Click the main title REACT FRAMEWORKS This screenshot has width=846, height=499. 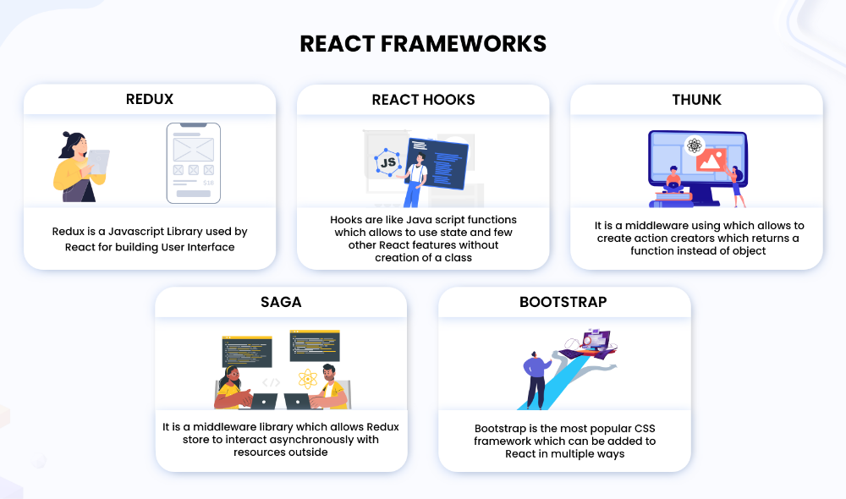click(x=423, y=44)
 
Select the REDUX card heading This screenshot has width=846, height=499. click(x=150, y=99)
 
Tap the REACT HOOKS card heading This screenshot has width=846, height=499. click(x=423, y=100)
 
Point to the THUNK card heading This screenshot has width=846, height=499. click(x=696, y=100)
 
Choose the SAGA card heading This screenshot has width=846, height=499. click(x=281, y=302)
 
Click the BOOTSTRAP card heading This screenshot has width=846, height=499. click(x=563, y=302)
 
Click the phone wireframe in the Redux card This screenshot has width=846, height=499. click(x=194, y=163)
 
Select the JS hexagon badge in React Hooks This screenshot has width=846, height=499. click(x=387, y=162)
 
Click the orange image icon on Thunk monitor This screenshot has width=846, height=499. click(x=711, y=160)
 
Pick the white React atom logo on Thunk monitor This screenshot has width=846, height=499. click(x=695, y=145)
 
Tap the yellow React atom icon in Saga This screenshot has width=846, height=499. click(x=308, y=379)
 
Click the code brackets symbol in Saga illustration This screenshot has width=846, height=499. click(x=271, y=382)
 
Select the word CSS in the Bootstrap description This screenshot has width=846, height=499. click(x=645, y=428)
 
